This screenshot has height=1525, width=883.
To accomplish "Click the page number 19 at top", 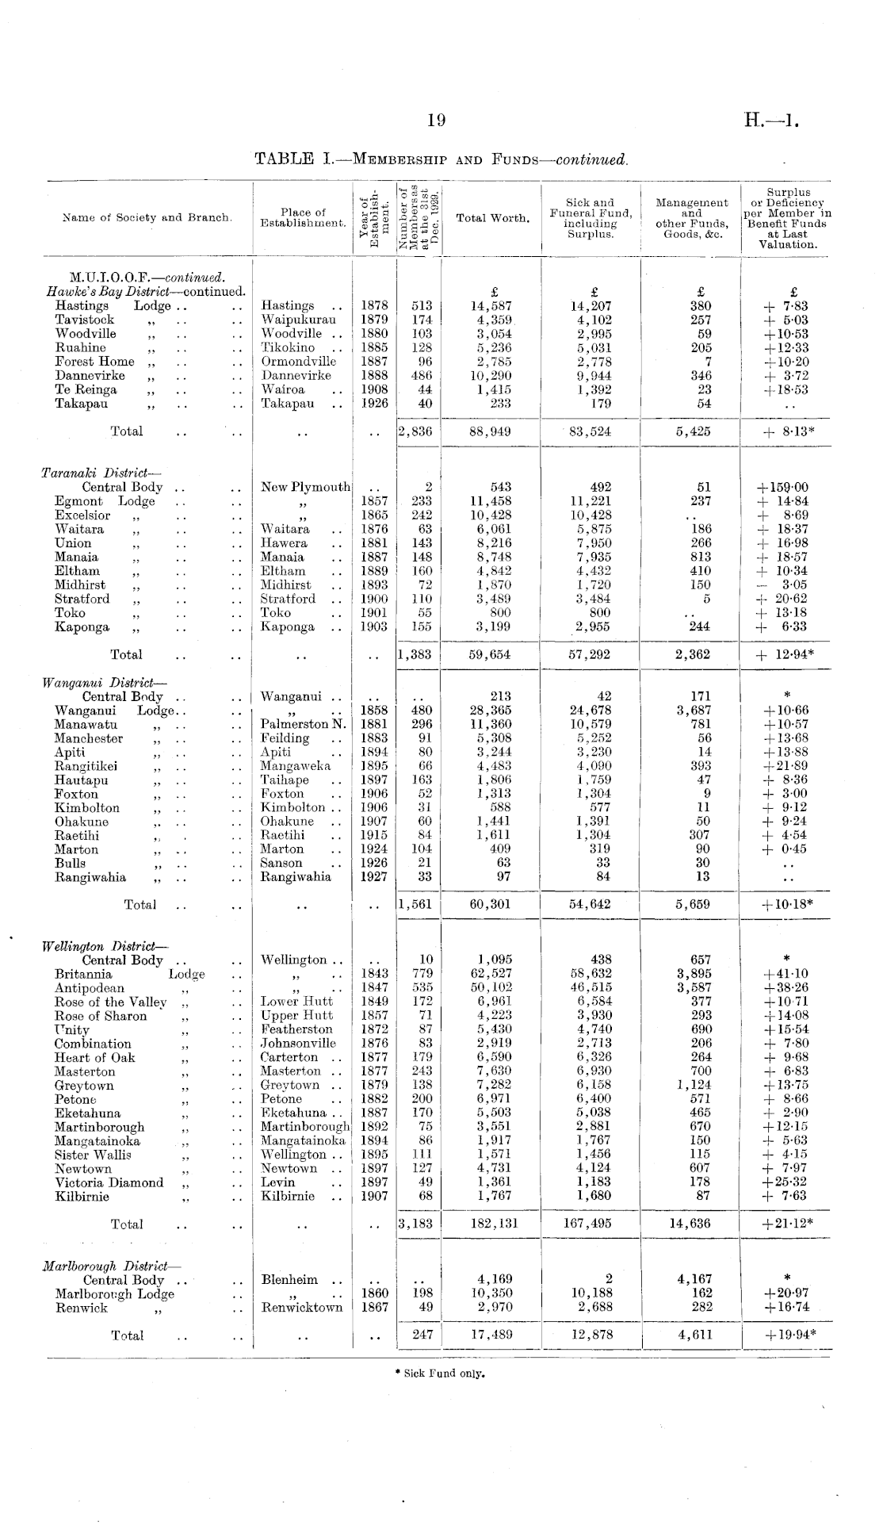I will [x=436, y=121].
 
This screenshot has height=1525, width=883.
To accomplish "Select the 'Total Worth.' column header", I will [x=492, y=218].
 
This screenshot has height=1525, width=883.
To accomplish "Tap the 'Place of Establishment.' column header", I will [x=303, y=218].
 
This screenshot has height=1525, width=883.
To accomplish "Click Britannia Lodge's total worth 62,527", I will [x=491, y=974].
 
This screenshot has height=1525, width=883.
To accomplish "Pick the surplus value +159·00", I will [x=783, y=488].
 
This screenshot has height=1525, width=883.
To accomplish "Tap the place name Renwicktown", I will [x=302, y=1308].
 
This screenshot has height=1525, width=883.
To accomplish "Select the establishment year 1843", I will [x=374, y=974].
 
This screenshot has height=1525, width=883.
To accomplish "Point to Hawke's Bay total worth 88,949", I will [x=491, y=431].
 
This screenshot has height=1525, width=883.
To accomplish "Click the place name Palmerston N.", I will [x=303, y=724].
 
